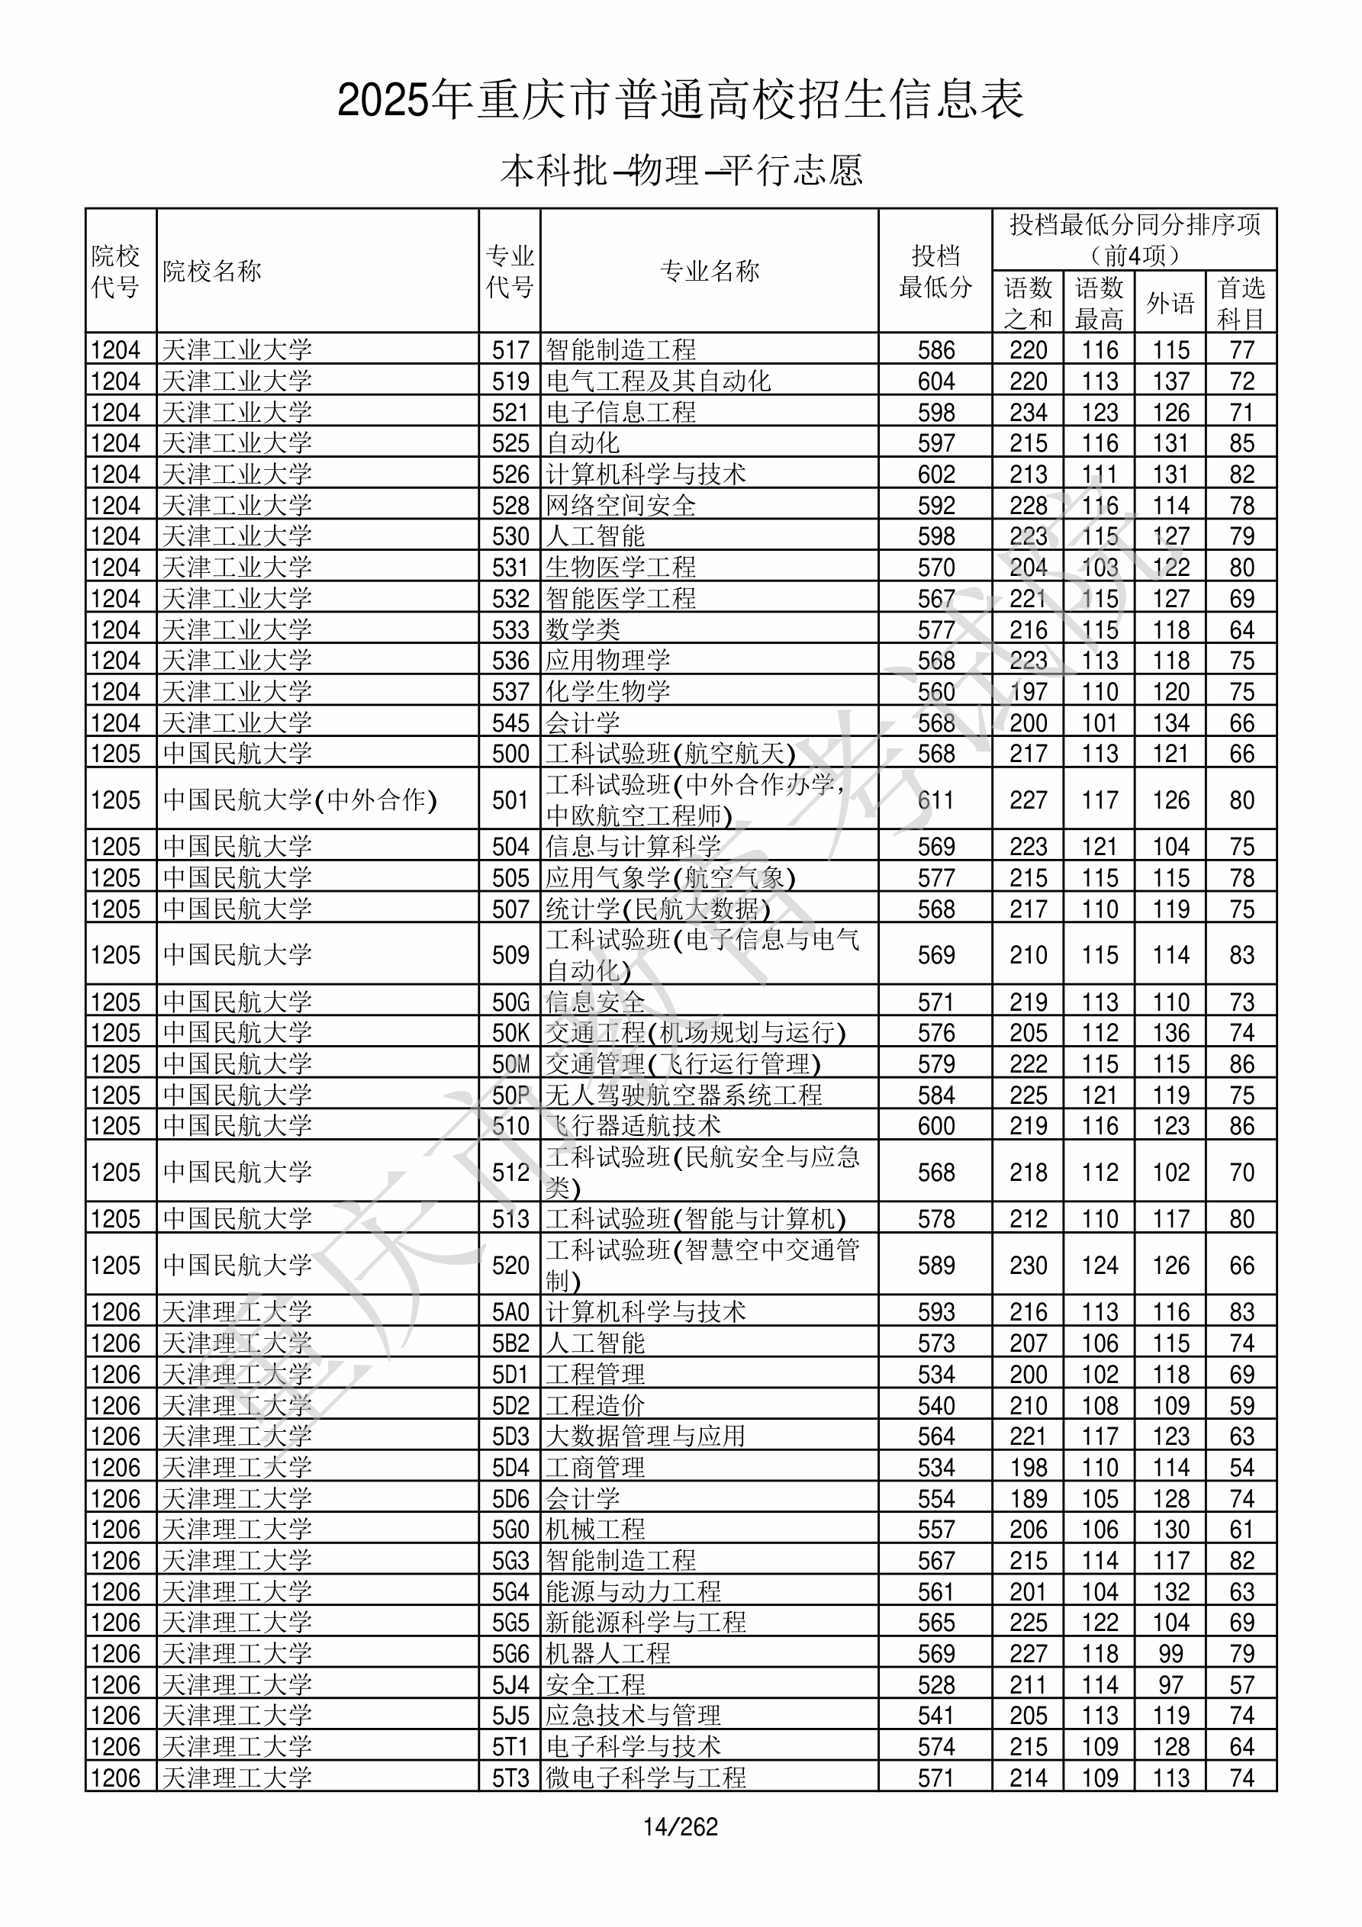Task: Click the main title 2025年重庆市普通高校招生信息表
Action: click(x=680, y=101)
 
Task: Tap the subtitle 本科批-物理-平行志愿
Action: click(x=680, y=170)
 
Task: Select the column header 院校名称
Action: click(x=212, y=271)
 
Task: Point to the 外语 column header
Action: click(x=1170, y=303)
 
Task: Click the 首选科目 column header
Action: click(x=1241, y=303)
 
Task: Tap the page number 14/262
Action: click(x=680, y=1827)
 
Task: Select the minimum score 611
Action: click(x=935, y=799)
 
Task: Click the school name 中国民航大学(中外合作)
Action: click(x=300, y=799)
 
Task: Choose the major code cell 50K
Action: click(x=510, y=1033)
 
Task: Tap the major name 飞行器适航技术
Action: click(x=633, y=1126)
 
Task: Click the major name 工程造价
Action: click(x=595, y=1406)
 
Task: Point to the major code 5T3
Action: click(x=510, y=1777)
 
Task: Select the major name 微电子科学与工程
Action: click(x=646, y=1777)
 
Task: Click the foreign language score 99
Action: click(x=1170, y=1653)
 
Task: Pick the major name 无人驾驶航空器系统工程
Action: click(x=684, y=1095)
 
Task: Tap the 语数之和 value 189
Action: click(x=1028, y=1499)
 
